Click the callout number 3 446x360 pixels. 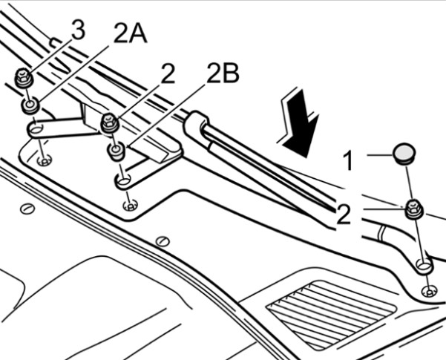tap(78, 30)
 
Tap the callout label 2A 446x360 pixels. tap(130, 33)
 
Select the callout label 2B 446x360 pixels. tap(223, 73)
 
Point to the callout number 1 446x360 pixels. tap(347, 160)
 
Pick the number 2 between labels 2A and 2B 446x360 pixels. tap(168, 73)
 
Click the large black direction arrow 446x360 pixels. tap(299, 123)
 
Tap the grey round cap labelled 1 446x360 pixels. tap(404, 154)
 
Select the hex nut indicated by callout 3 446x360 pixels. tap(24, 78)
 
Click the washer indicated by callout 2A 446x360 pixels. tap(30, 105)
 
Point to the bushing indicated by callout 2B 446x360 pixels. tap(116, 151)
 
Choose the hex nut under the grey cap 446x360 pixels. tap(414, 209)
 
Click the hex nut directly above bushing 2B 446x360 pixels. tap(110, 122)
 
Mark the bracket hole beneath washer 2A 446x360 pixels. tap(36, 131)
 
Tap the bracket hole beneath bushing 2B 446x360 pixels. tap(123, 180)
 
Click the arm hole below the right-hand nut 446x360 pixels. tap(424, 265)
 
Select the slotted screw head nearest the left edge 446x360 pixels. tap(27, 209)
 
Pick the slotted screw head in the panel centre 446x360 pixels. tap(163, 241)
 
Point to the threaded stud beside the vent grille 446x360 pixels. tap(430, 292)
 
